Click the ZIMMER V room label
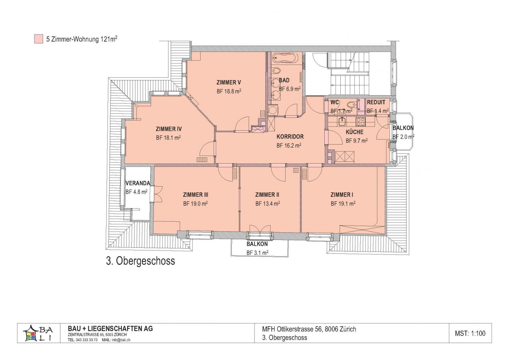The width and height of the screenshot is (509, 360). point(229,82)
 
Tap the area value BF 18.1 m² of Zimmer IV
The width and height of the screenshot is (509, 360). point(168,138)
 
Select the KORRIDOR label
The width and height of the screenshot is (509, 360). point(290,137)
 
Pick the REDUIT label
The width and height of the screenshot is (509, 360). point(376,102)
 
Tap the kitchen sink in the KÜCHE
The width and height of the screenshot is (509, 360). point(341,121)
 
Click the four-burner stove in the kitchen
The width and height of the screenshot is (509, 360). point(360,121)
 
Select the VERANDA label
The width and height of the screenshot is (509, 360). point(138,183)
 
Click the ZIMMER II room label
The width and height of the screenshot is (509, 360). point(267,195)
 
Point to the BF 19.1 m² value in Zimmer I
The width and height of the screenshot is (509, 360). point(343,204)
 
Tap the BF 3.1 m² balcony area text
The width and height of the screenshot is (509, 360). point(258,253)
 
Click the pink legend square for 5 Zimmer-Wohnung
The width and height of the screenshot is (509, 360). point(39,39)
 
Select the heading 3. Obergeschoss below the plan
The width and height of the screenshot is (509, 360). point(140,261)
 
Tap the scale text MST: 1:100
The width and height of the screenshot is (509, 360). point(470,334)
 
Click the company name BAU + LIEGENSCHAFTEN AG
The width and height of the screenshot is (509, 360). point(110,329)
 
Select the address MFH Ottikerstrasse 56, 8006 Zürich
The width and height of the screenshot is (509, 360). point(309,329)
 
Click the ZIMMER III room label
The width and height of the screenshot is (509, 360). point(196,195)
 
